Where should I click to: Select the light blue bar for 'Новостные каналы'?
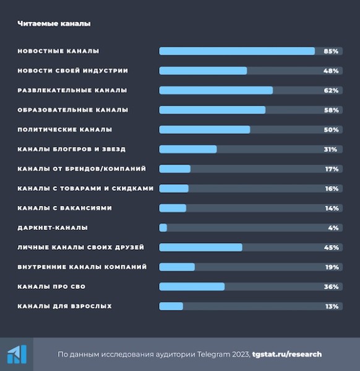237,51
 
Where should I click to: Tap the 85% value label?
331,51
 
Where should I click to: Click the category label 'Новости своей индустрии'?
77,70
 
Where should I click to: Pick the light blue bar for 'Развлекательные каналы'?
216,90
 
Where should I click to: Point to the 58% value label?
331,110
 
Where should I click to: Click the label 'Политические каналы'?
65,130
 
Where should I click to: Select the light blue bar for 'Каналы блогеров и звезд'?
188,149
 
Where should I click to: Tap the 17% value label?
331,169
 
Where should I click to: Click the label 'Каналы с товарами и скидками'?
85,189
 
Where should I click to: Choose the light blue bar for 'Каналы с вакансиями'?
173,208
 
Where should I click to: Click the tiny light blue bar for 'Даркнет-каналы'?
163,228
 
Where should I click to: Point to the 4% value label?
333,228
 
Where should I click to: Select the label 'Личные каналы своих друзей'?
80,247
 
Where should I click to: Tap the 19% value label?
331,267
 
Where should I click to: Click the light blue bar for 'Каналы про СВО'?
192,286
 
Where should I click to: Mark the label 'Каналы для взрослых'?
64,306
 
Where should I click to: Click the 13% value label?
331,306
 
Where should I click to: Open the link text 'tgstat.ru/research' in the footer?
286,354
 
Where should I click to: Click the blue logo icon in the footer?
17,354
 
